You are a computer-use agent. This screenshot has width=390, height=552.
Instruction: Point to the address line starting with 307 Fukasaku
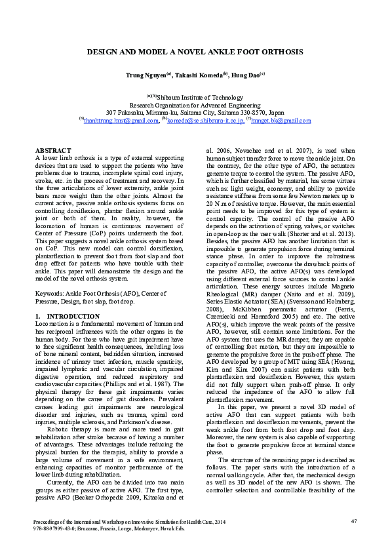click(195, 112)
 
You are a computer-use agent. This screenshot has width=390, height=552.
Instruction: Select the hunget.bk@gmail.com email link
click(278, 121)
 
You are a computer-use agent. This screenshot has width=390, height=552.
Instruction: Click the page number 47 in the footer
click(353, 521)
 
